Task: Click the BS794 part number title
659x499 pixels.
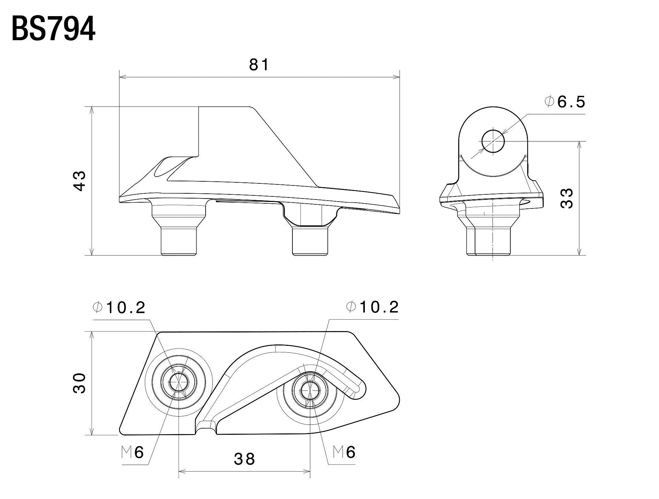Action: coord(53,30)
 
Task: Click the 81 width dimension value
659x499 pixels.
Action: coord(258,65)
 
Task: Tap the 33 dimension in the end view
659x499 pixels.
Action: coord(567,198)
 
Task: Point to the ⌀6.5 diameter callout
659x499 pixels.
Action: coord(565,102)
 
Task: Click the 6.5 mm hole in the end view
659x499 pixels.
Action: coord(493,141)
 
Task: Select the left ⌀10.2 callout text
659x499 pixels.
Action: coord(119,308)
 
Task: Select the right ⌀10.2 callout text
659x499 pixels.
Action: coord(373,307)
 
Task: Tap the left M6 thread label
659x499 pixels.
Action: coord(132,452)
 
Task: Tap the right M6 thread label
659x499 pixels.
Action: coord(344,452)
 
